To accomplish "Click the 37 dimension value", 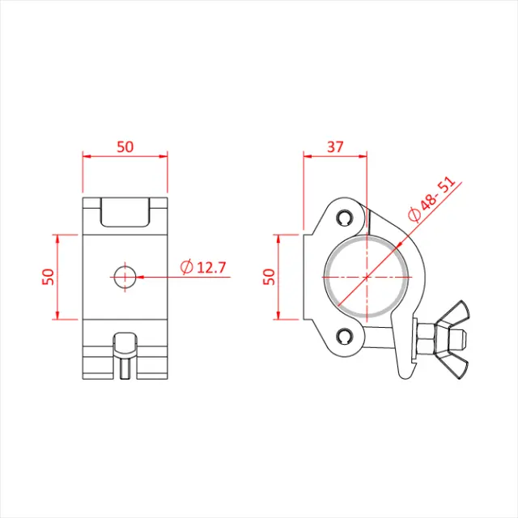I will point(334,146).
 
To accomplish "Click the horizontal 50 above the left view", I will point(125,146).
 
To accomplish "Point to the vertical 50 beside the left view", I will point(48,276).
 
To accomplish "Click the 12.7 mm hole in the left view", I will point(125,276).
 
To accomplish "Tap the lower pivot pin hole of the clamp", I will point(346,337).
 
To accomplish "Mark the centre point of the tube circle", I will point(366,276).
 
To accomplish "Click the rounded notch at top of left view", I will point(125,213).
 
